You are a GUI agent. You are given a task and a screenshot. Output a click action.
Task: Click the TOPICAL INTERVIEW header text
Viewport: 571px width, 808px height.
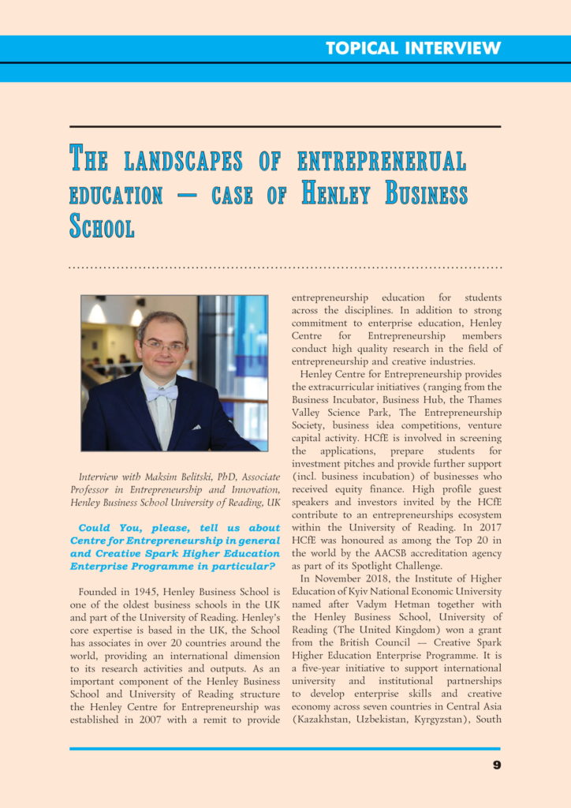click(413, 48)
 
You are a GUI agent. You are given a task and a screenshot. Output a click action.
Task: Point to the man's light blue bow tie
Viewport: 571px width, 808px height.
click(162, 392)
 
